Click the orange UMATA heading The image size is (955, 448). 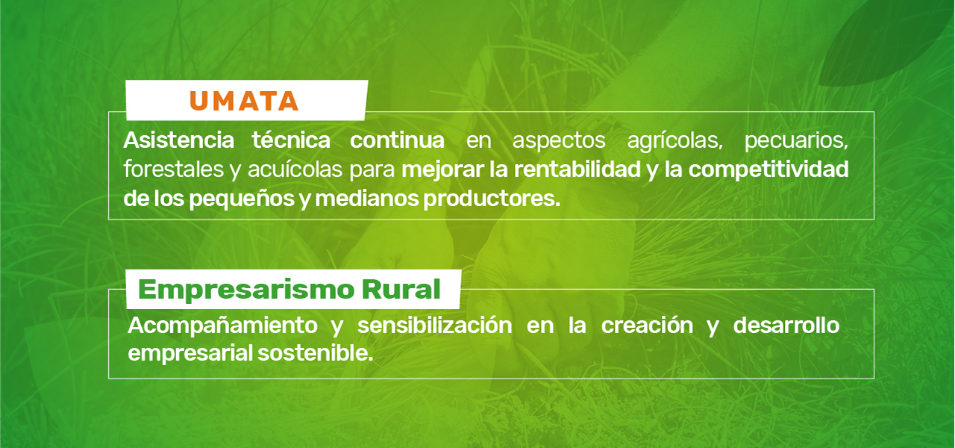tap(244, 100)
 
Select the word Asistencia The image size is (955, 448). tap(178, 140)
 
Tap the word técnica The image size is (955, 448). tap(291, 140)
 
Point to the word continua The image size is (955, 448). tap(398, 140)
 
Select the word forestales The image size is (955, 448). tap(171, 169)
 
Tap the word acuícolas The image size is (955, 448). tap(292, 169)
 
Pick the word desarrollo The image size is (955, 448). tap(786, 326)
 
